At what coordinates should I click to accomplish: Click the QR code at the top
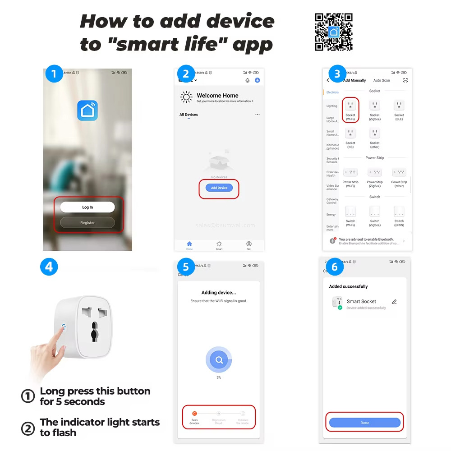point(334,32)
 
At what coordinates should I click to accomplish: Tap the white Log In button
point(87,207)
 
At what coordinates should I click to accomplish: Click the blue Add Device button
point(219,188)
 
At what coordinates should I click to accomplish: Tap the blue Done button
point(364,423)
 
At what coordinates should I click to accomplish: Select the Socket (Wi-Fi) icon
point(350,106)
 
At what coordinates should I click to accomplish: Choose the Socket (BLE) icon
point(399,106)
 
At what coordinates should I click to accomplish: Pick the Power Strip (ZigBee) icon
point(375,172)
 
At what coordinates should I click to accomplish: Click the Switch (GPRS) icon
point(399,211)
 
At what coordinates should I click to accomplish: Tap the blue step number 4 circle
point(49,267)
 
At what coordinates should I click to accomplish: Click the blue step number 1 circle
point(55,74)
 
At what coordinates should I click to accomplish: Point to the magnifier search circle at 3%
point(219,360)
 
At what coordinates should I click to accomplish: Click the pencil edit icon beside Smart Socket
point(394,302)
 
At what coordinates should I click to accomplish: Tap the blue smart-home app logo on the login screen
point(87,110)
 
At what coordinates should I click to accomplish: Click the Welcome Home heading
point(217,96)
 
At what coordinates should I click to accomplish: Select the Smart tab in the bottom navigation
point(219,245)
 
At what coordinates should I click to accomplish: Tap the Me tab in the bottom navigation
point(249,245)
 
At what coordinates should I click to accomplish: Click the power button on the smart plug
point(63,325)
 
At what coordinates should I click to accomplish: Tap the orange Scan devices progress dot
point(194,413)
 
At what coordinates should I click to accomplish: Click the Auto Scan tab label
point(382,80)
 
